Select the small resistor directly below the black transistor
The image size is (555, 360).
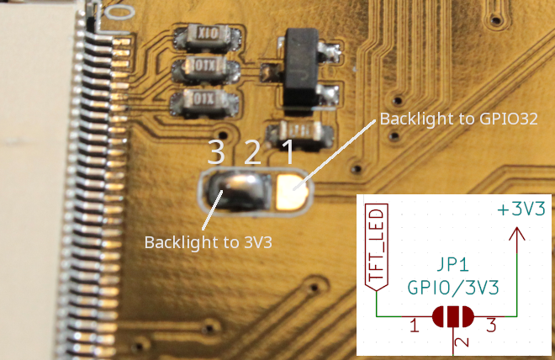295,131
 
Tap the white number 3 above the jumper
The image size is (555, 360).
217,152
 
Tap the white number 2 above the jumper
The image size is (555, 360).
251,152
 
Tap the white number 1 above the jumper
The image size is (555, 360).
287,152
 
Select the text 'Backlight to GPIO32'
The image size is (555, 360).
458,119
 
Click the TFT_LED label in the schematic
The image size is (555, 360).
377,246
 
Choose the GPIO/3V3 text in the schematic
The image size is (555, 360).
453,288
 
